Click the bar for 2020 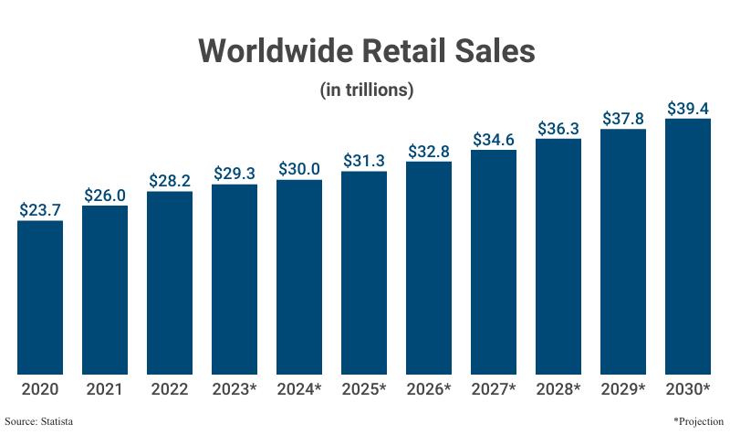40,297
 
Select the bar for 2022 170,282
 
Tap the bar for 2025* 364,272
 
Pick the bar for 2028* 558,257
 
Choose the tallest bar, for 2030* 688,247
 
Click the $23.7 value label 40,209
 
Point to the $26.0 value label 105,195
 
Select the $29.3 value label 235,174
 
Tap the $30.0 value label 299,169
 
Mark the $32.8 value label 429,152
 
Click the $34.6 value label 494,140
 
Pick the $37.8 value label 623,119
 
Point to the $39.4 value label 688,109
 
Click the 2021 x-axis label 105,389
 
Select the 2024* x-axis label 299,389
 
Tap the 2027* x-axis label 494,389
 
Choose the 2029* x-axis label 623,389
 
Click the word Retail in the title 403,51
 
